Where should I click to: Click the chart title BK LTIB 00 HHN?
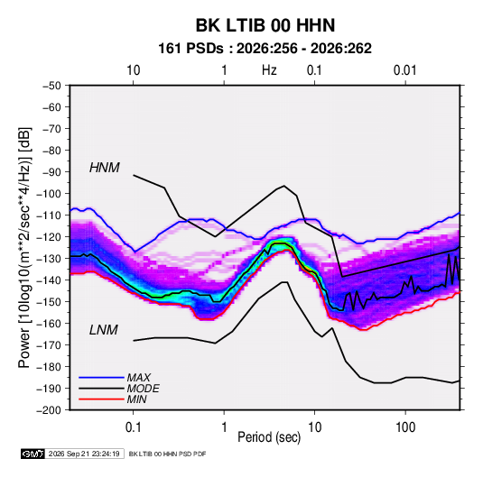click(x=265, y=25)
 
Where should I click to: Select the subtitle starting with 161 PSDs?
click(x=265, y=49)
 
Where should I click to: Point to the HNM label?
click(x=105, y=168)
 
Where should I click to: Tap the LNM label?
click(x=104, y=330)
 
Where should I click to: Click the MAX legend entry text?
click(x=139, y=378)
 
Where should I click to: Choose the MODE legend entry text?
click(x=143, y=389)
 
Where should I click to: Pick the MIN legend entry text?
click(x=136, y=399)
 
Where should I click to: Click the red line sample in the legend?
click(x=101, y=399)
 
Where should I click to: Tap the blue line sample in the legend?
click(x=101, y=378)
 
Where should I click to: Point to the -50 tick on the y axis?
click(x=51, y=86)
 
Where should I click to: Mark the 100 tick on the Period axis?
click(x=405, y=427)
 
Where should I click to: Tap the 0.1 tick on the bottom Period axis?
click(x=133, y=427)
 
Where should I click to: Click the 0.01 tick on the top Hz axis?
click(x=404, y=70)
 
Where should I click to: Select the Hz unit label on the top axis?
click(x=269, y=70)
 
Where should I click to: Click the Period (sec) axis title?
click(x=269, y=437)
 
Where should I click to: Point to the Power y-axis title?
click(x=24, y=248)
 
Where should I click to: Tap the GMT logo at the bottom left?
click(x=33, y=454)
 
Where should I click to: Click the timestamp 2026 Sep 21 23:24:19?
click(x=84, y=454)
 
